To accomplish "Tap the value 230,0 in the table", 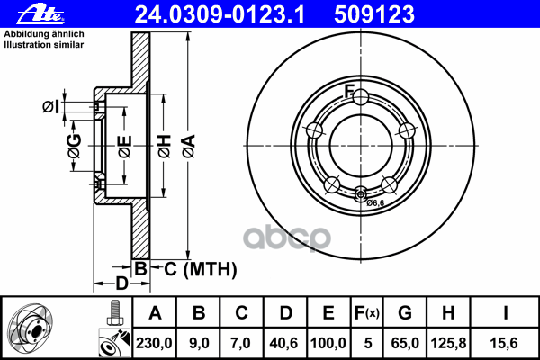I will tap(155, 343).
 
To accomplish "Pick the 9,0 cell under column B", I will tap(199, 343).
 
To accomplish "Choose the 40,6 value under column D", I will tap(284, 343).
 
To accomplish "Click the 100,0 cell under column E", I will tap(328, 343).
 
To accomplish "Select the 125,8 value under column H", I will tap(449, 343).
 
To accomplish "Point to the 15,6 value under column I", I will tap(507, 343).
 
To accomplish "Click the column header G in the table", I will tap(405, 313).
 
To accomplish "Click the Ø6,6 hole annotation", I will tap(374, 203).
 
